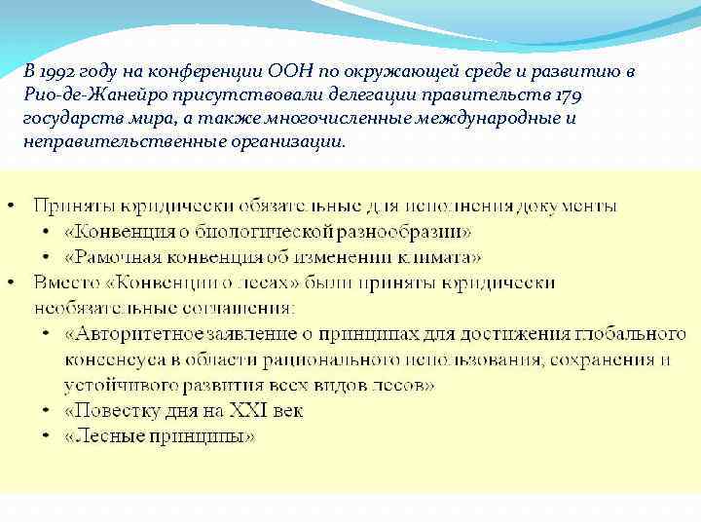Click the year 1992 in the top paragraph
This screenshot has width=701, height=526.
52,73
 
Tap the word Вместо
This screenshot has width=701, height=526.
64,282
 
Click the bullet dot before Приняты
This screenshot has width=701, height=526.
11,207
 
